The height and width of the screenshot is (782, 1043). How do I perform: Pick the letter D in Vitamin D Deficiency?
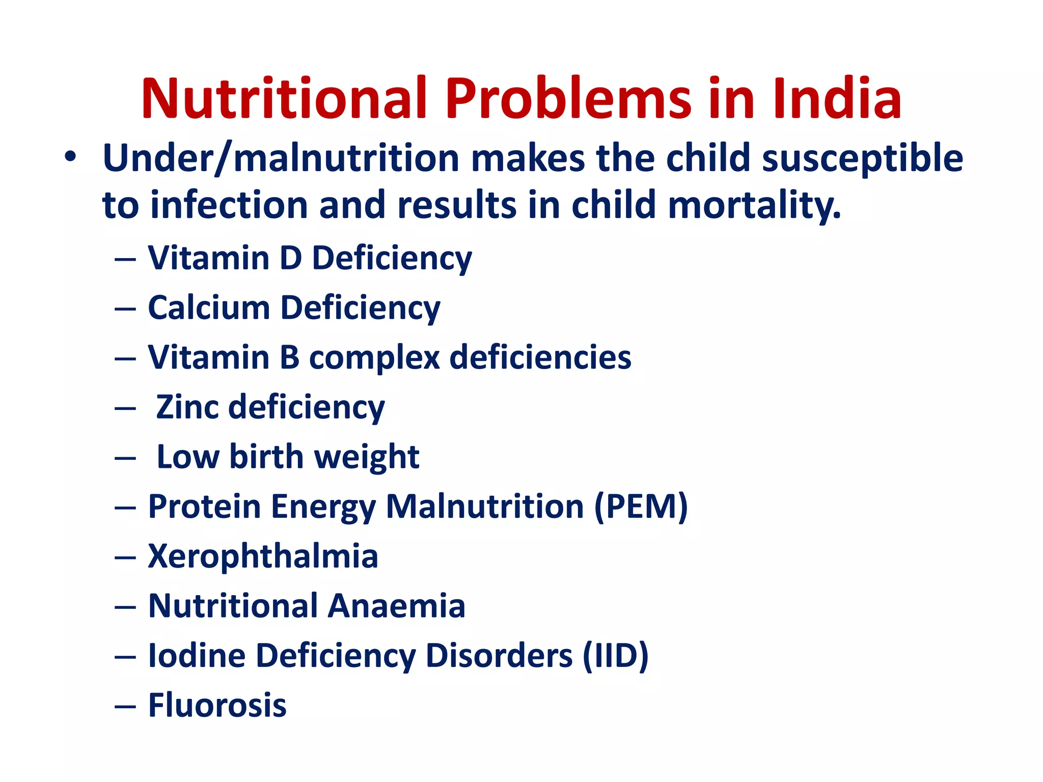[x=291, y=258]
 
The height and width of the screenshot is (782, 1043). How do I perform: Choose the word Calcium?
[x=208, y=308]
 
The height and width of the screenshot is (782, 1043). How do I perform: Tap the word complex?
[x=374, y=357]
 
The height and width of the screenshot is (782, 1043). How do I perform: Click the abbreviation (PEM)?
[x=641, y=507]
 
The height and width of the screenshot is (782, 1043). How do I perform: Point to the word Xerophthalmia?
[x=263, y=555]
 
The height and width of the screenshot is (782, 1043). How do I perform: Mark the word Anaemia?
[x=396, y=605]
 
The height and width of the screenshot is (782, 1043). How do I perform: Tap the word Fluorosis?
[x=217, y=705]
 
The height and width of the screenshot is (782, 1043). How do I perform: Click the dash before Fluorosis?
[x=125, y=707]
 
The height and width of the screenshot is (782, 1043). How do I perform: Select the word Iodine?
[x=197, y=655]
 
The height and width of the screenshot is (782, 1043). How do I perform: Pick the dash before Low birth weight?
[x=125, y=458]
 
